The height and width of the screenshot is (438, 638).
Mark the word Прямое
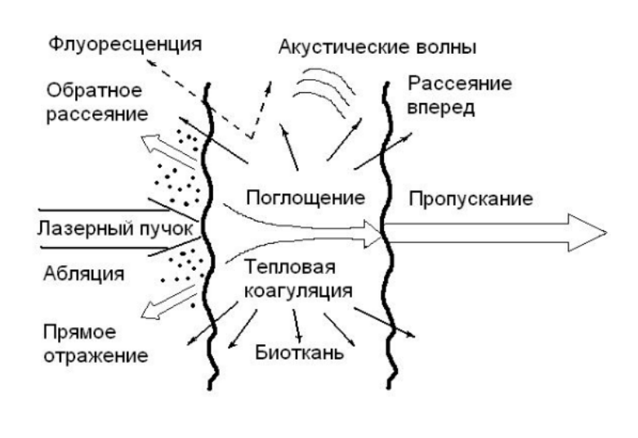[79, 334]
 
